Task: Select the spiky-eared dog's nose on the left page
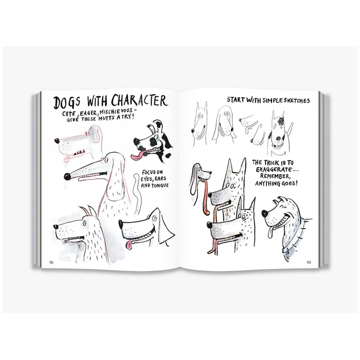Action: click(x=55, y=227)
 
